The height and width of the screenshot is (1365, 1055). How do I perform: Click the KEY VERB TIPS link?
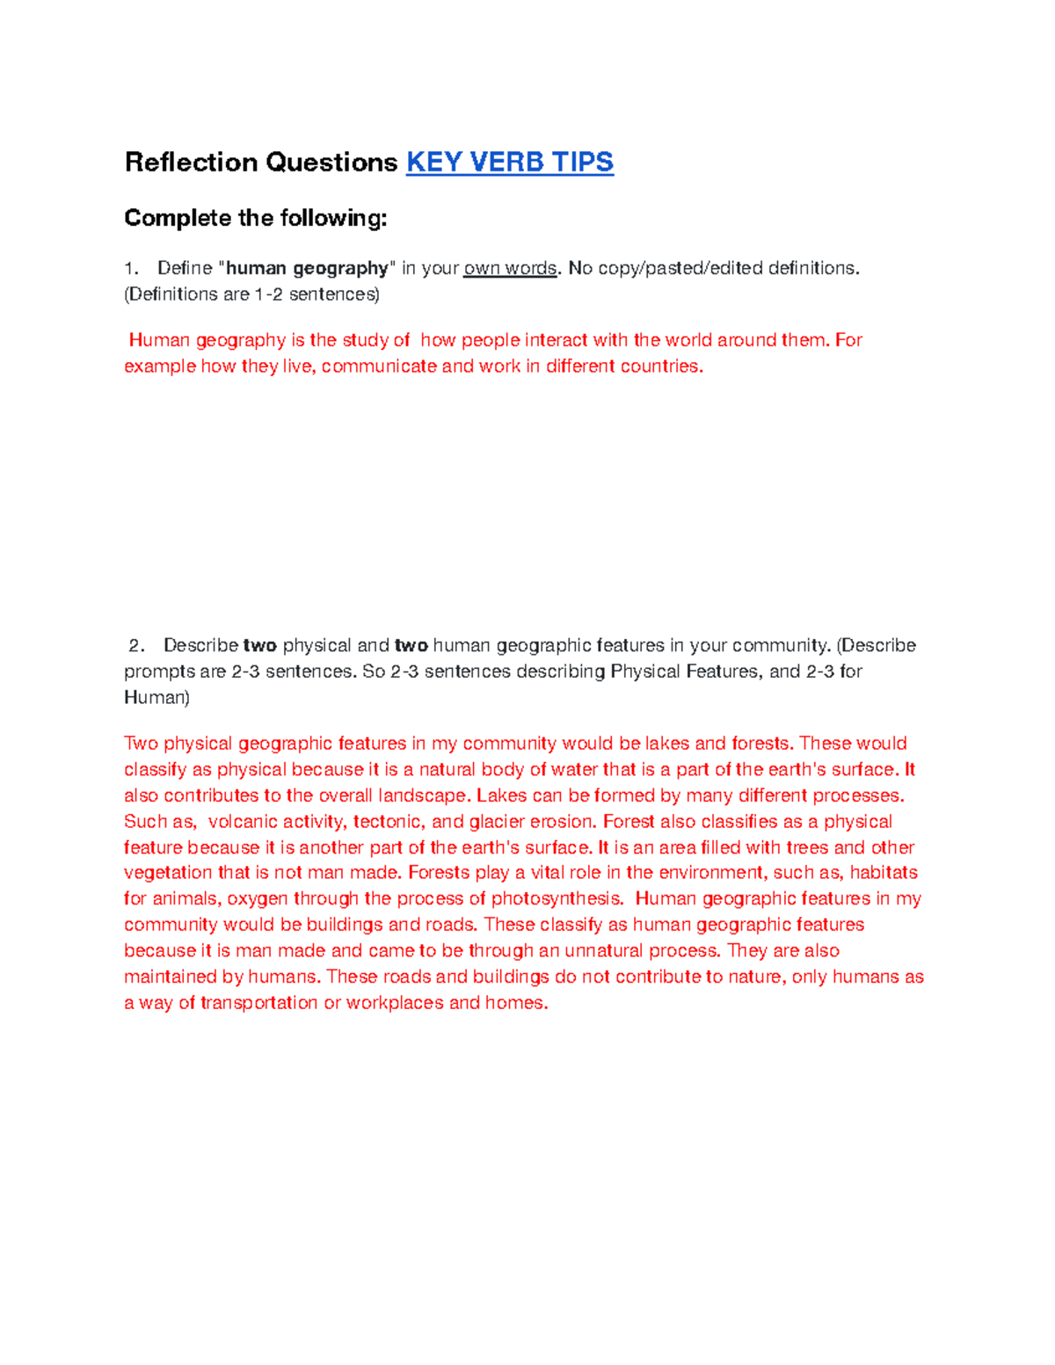[509, 163]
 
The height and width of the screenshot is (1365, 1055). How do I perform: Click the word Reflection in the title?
[191, 163]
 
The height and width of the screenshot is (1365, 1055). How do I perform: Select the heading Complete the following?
[256, 218]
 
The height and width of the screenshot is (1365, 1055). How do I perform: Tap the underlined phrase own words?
[510, 268]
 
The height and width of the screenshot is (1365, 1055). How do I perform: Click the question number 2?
[135, 646]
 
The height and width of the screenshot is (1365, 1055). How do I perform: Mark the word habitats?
[884, 873]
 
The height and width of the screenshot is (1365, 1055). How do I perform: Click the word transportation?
[258, 1003]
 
